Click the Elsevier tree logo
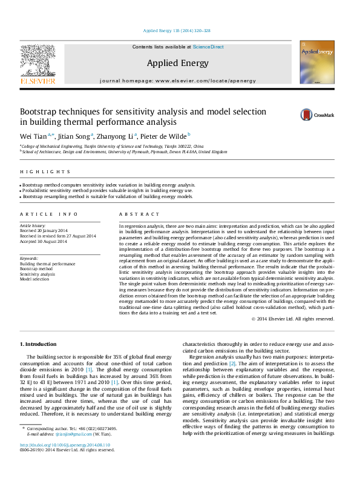(x=38, y=61)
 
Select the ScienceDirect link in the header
(x=208, y=47)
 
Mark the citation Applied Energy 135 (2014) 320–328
(x=177, y=30)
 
